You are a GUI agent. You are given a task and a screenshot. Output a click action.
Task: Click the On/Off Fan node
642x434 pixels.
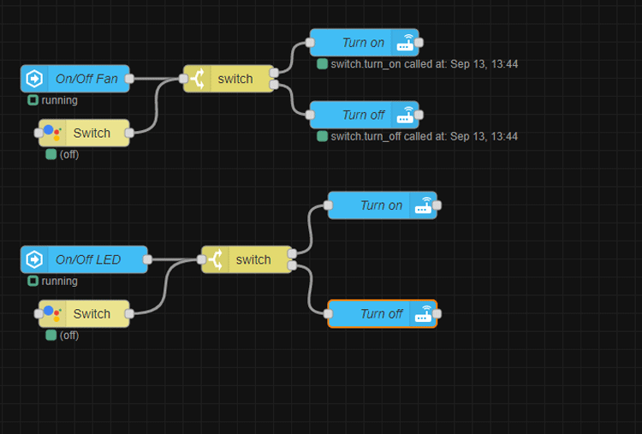point(86,79)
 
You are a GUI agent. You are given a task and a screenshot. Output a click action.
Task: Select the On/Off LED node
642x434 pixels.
point(87,259)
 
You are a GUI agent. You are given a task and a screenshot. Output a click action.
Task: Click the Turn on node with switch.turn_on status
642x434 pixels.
point(363,43)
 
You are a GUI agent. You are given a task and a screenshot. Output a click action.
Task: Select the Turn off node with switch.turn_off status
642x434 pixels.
point(363,115)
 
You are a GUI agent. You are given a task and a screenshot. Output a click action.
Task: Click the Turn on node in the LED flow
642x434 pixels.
point(381,205)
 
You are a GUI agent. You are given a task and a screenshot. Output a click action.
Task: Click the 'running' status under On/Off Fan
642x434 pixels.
point(59,100)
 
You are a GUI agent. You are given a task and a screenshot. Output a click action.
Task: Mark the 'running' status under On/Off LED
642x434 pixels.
point(59,281)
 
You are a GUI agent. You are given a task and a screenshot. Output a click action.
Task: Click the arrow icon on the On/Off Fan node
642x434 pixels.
point(35,79)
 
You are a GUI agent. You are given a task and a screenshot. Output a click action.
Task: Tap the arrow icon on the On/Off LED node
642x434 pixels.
point(35,259)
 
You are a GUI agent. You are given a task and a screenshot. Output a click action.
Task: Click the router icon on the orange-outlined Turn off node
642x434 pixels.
point(423,314)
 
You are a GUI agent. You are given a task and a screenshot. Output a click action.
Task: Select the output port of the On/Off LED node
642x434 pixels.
point(147,259)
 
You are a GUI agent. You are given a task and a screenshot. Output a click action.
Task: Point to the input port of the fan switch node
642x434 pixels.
point(184,79)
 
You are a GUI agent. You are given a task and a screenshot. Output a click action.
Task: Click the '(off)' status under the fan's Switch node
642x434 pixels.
point(68,155)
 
